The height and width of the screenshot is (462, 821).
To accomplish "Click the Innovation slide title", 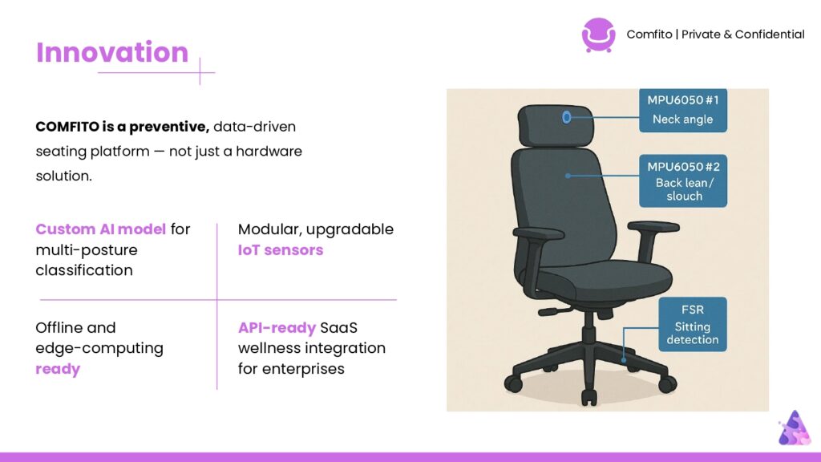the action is tap(112, 52).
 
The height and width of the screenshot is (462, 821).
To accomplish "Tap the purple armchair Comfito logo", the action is tap(598, 35).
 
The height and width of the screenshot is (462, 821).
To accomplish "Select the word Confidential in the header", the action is tap(770, 34).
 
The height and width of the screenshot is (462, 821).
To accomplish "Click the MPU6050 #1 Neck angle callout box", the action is tap(683, 110).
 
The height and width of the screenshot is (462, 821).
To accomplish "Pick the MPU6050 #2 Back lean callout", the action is tap(683, 180).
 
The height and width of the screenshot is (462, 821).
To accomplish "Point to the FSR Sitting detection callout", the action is tap(692, 324).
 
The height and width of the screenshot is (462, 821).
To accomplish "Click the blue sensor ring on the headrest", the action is tap(566, 117).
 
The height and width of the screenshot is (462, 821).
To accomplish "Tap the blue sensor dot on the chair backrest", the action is tap(568, 176).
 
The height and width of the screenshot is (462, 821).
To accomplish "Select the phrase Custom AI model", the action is tap(100, 229).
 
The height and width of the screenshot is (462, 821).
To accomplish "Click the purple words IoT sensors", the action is tap(281, 250).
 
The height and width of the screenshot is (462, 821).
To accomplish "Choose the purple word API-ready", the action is tap(277, 328).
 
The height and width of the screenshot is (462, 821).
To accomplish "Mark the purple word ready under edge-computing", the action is tap(58, 369).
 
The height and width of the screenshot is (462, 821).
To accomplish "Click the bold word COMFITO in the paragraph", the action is tap(67, 127).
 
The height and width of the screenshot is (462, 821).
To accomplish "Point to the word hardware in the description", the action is tap(269, 151).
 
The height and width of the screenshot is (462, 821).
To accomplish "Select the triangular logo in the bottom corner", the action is tap(795, 428).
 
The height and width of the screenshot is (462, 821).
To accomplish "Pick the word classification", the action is tap(84, 270).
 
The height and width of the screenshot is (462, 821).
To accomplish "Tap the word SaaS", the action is tap(339, 328).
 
